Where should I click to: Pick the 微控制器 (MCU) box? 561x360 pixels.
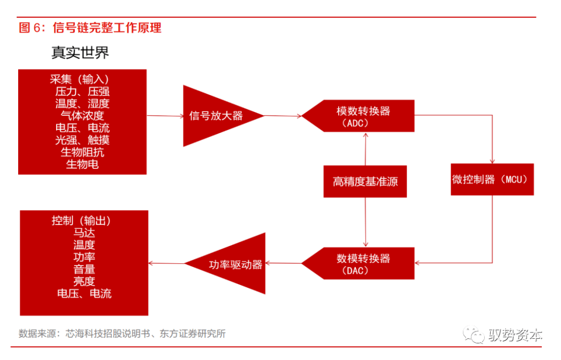click(491, 180)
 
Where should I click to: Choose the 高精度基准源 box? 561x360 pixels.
click(365, 182)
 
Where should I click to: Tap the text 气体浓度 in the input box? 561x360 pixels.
click(82, 116)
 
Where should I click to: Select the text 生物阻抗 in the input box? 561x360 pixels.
click(82, 152)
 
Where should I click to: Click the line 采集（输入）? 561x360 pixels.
click(82, 79)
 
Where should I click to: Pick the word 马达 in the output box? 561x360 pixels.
click(84, 233)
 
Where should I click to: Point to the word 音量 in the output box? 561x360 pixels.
click(84, 269)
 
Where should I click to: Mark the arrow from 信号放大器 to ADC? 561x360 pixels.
click(283, 116)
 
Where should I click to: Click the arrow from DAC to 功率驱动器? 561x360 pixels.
click(284, 263)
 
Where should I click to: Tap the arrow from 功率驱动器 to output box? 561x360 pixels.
click(167, 263)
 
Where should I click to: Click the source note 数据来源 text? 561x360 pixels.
click(122, 334)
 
